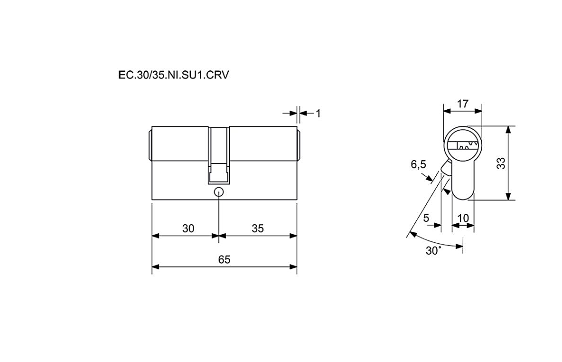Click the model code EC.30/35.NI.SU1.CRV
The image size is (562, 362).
173,76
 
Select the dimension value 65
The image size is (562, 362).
225,259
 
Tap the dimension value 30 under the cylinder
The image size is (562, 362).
188,229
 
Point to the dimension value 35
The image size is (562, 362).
258,229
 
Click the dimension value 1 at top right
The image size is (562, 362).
318,114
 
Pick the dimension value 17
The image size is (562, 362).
463,104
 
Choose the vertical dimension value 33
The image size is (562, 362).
501,163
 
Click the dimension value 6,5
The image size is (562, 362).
418,165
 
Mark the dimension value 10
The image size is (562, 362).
463,218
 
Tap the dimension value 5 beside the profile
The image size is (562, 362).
426,218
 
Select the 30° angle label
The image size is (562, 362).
433,250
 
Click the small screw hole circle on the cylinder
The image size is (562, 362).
219,192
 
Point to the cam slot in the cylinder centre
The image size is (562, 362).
219,156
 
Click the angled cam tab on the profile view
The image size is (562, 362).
446,168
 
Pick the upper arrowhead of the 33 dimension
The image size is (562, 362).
508,130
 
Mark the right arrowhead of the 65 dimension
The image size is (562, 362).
293,267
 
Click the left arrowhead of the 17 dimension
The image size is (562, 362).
447,111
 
